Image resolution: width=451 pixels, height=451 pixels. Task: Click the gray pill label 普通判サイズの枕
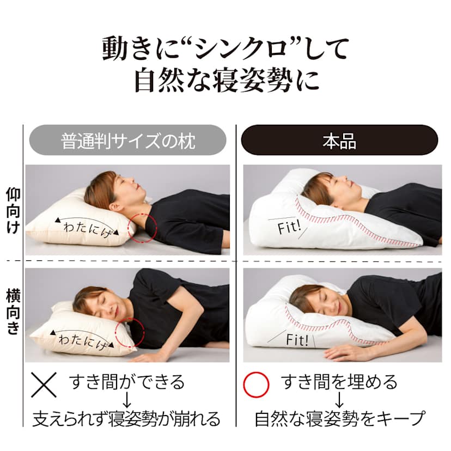click(127, 140)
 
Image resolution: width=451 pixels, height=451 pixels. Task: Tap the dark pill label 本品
click(339, 140)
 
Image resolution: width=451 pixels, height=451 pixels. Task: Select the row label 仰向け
click(13, 210)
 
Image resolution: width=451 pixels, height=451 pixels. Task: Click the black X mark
click(44, 385)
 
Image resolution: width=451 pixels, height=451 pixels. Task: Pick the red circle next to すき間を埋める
click(256, 385)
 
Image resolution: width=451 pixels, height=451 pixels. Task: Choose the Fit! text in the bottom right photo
click(297, 340)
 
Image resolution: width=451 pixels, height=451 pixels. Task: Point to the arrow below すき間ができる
click(127, 400)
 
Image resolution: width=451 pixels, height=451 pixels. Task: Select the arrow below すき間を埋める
click(339, 400)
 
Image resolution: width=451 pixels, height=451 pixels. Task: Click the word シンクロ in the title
click(241, 48)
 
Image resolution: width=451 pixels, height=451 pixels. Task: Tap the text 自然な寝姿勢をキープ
click(340, 419)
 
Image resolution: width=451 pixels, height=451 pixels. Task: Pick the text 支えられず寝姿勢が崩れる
click(126, 419)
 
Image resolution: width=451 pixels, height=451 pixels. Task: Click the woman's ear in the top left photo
click(114, 206)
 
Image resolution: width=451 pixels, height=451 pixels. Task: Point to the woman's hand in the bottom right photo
click(344, 352)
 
